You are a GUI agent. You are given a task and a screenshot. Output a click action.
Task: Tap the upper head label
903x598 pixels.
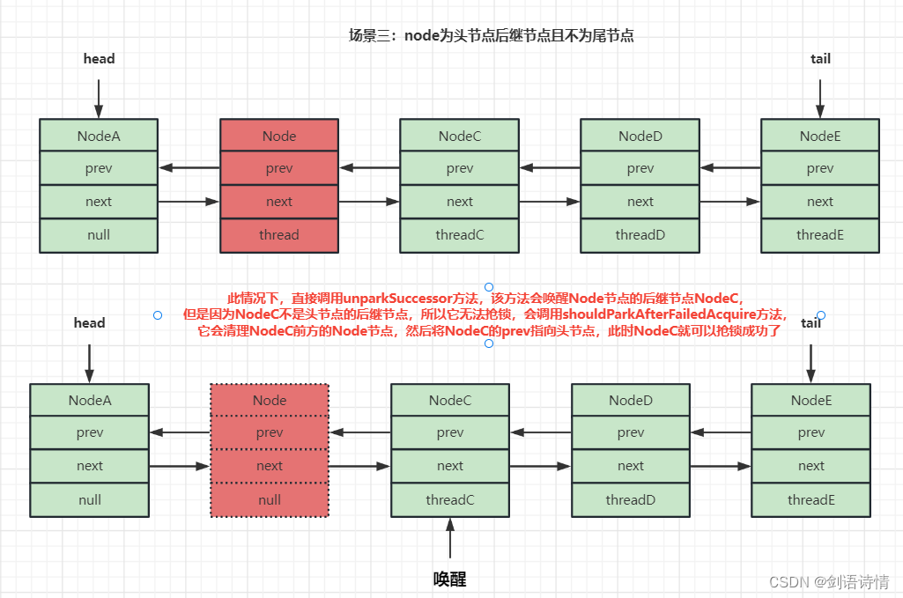(99, 59)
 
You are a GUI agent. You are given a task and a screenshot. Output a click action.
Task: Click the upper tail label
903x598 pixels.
(820, 59)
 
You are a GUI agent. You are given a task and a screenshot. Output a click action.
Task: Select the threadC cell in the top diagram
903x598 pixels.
(459, 235)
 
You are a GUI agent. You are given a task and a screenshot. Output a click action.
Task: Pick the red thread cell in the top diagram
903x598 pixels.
(279, 235)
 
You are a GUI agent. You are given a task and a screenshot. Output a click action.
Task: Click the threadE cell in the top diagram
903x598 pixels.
(820, 235)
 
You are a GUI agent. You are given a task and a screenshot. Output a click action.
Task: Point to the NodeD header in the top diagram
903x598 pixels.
(640, 136)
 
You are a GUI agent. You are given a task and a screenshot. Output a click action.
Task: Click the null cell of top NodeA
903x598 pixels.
(99, 235)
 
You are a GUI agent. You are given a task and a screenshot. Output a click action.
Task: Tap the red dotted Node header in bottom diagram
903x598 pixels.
(270, 400)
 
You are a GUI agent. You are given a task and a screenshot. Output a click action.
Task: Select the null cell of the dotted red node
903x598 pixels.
(270, 499)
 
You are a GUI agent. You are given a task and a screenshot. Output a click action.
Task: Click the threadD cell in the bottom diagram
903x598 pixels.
(631, 499)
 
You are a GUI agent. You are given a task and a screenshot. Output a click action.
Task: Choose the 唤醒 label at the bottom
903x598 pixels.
(450, 579)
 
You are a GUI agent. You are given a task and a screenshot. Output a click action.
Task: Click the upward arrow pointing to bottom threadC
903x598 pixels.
(450, 537)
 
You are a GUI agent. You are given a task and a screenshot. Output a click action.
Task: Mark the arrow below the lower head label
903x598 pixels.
(89, 362)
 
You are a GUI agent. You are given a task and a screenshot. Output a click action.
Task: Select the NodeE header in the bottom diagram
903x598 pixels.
(810, 400)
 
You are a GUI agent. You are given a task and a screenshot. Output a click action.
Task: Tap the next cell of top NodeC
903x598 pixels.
(459, 202)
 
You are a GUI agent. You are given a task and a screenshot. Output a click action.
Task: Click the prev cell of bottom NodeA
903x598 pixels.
(89, 432)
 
